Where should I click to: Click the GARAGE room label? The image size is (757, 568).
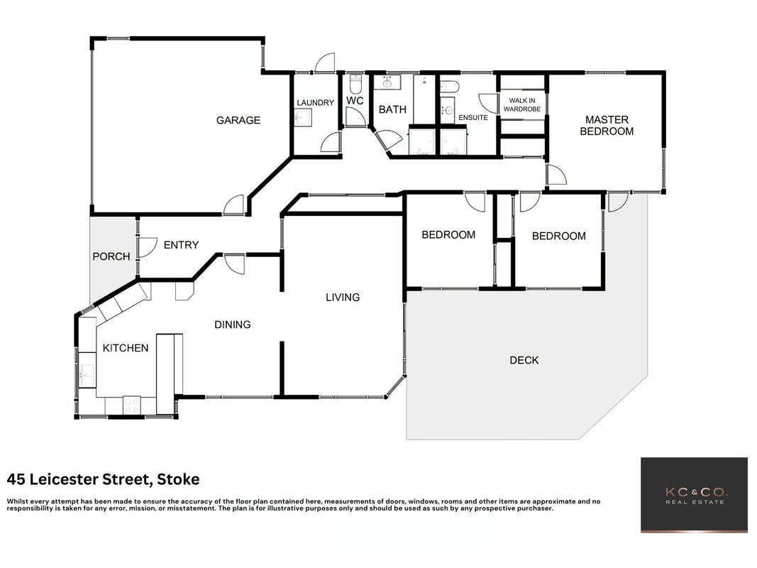238,120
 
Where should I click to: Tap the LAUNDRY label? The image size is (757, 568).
315,102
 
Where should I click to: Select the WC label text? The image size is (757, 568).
355,100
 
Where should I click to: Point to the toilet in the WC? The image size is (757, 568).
356,84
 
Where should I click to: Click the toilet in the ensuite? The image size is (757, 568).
450,86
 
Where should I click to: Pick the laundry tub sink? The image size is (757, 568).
303,117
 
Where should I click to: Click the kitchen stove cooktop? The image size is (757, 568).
132,405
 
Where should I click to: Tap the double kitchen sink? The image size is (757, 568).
87,369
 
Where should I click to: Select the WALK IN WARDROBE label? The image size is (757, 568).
522,105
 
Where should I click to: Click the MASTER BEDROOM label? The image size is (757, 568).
607,126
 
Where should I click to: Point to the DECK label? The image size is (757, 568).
524,360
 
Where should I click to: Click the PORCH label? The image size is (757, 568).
111,256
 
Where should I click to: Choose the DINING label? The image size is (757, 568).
232,324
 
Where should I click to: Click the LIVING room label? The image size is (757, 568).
343,297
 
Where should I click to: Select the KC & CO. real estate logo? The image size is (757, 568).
695,495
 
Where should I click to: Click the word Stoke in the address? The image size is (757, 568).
178,480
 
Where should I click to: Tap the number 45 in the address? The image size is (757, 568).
16,480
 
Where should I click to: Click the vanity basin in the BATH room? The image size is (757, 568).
387,82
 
